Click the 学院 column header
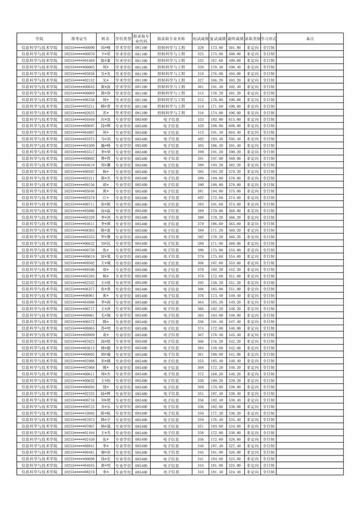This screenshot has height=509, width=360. (39, 38)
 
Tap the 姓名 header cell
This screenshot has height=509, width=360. (106, 38)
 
